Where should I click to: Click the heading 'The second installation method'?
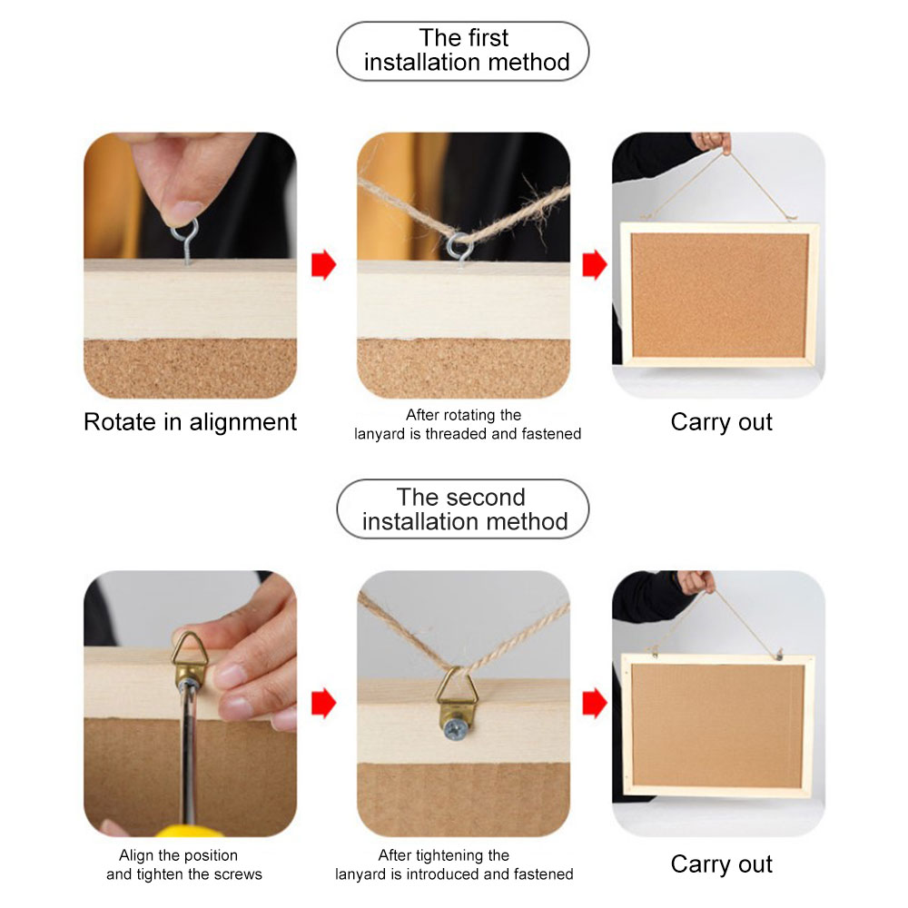(x=463, y=509)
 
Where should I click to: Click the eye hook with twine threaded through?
(x=459, y=248)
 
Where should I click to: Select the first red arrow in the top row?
(x=324, y=264)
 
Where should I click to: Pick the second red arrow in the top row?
(x=595, y=264)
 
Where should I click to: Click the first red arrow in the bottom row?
(x=324, y=703)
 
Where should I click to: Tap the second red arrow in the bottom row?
(x=595, y=703)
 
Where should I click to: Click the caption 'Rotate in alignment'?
(x=190, y=422)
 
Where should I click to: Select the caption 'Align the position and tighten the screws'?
(x=184, y=864)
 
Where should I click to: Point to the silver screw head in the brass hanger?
(x=454, y=730)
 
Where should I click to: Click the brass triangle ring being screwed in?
(x=190, y=647)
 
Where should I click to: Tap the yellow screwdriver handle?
(x=189, y=832)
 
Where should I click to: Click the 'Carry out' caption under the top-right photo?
(x=722, y=422)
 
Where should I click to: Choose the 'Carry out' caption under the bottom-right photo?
(x=722, y=864)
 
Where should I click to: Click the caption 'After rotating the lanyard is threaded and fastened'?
(x=468, y=424)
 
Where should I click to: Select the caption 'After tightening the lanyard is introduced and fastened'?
(x=454, y=864)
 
